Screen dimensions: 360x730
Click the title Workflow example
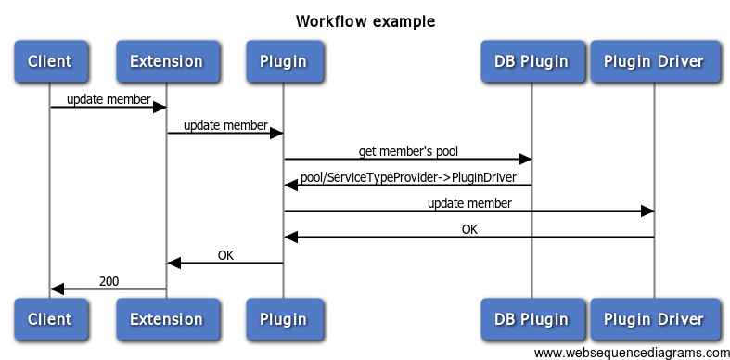click(365, 20)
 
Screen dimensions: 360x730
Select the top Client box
click(50, 62)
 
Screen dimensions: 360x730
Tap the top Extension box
click(166, 62)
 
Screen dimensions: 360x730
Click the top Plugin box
click(283, 62)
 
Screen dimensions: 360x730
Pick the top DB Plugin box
click(531, 62)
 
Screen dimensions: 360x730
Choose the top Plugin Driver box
click(654, 62)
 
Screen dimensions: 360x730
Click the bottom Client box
click(50, 319)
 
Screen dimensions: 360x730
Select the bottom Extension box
click(166, 319)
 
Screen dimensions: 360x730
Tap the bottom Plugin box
click(283, 319)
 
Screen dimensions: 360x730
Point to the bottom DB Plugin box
click(531, 319)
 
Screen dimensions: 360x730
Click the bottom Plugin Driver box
click(654, 319)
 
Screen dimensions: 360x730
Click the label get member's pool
click(408, 150)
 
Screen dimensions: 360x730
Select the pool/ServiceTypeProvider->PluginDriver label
click(408, 176)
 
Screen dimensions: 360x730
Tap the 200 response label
click(109, 280)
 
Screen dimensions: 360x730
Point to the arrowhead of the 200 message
click(57, 289)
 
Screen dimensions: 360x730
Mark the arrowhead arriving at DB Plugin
click(524, 160)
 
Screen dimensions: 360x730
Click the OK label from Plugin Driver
click(470, 228)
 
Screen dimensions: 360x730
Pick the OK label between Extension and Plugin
click(225, 254)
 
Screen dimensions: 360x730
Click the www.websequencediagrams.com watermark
click(632, 353)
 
